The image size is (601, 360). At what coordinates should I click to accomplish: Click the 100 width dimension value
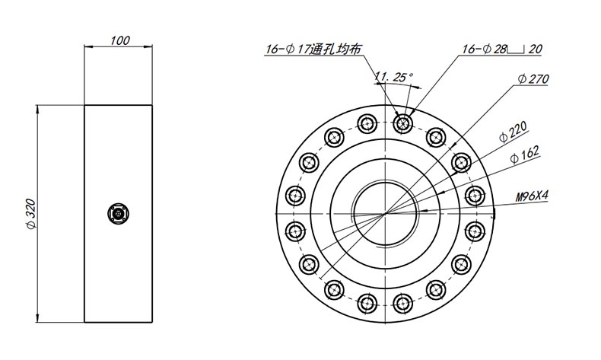point(120,40)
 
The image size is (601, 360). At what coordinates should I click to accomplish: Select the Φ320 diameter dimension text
point(31,214)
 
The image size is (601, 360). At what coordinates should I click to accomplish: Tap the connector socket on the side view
point(118,214)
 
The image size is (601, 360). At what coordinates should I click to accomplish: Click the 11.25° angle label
point(394,77)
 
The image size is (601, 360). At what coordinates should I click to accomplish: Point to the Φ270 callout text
point(533,79)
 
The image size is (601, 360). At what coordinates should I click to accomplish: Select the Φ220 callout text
point(514,132)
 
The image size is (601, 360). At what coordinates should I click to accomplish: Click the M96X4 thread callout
point(532,196)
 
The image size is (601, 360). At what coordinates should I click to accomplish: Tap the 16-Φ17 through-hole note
point(313,49)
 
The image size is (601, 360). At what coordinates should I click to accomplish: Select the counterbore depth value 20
point(535,49)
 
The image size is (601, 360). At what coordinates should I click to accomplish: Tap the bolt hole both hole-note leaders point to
point(402,123)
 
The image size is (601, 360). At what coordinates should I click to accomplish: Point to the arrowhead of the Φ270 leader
point(453,145)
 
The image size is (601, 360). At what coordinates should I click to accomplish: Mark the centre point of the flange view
point(385,214)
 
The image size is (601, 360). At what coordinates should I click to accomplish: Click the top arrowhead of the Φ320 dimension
point(37,110)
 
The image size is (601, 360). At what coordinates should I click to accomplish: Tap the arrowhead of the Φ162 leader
point(440,191)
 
